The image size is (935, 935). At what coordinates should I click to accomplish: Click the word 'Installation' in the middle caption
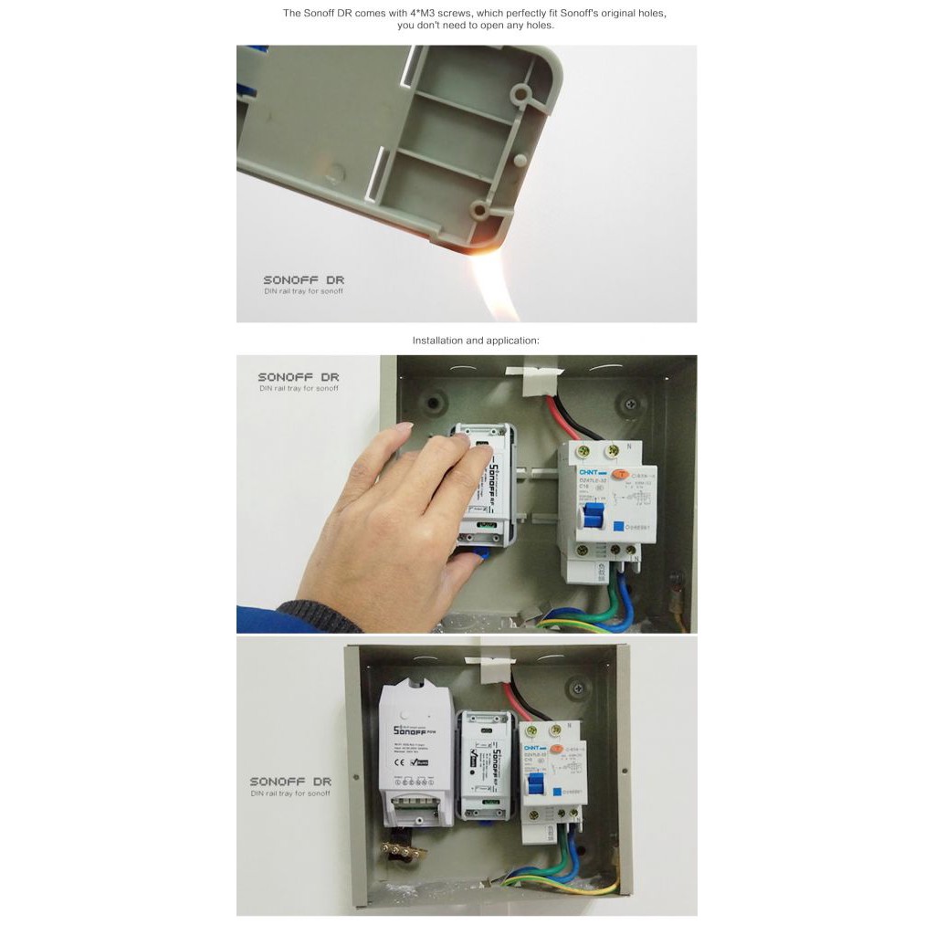click(x=436, y=341)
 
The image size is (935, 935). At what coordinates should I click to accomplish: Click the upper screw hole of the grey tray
click(x=521, y=92)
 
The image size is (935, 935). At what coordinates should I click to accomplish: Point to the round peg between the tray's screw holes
click(x=519, y=160)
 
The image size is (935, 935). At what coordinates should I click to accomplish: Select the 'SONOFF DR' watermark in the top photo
click(x=303, y=280)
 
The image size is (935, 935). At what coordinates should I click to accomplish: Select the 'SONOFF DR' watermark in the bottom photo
click(x=290, y=782)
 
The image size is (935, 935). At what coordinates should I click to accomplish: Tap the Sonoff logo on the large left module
click(x=411, y=730)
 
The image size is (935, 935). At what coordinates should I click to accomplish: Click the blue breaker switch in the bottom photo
click(x=540, y=785)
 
